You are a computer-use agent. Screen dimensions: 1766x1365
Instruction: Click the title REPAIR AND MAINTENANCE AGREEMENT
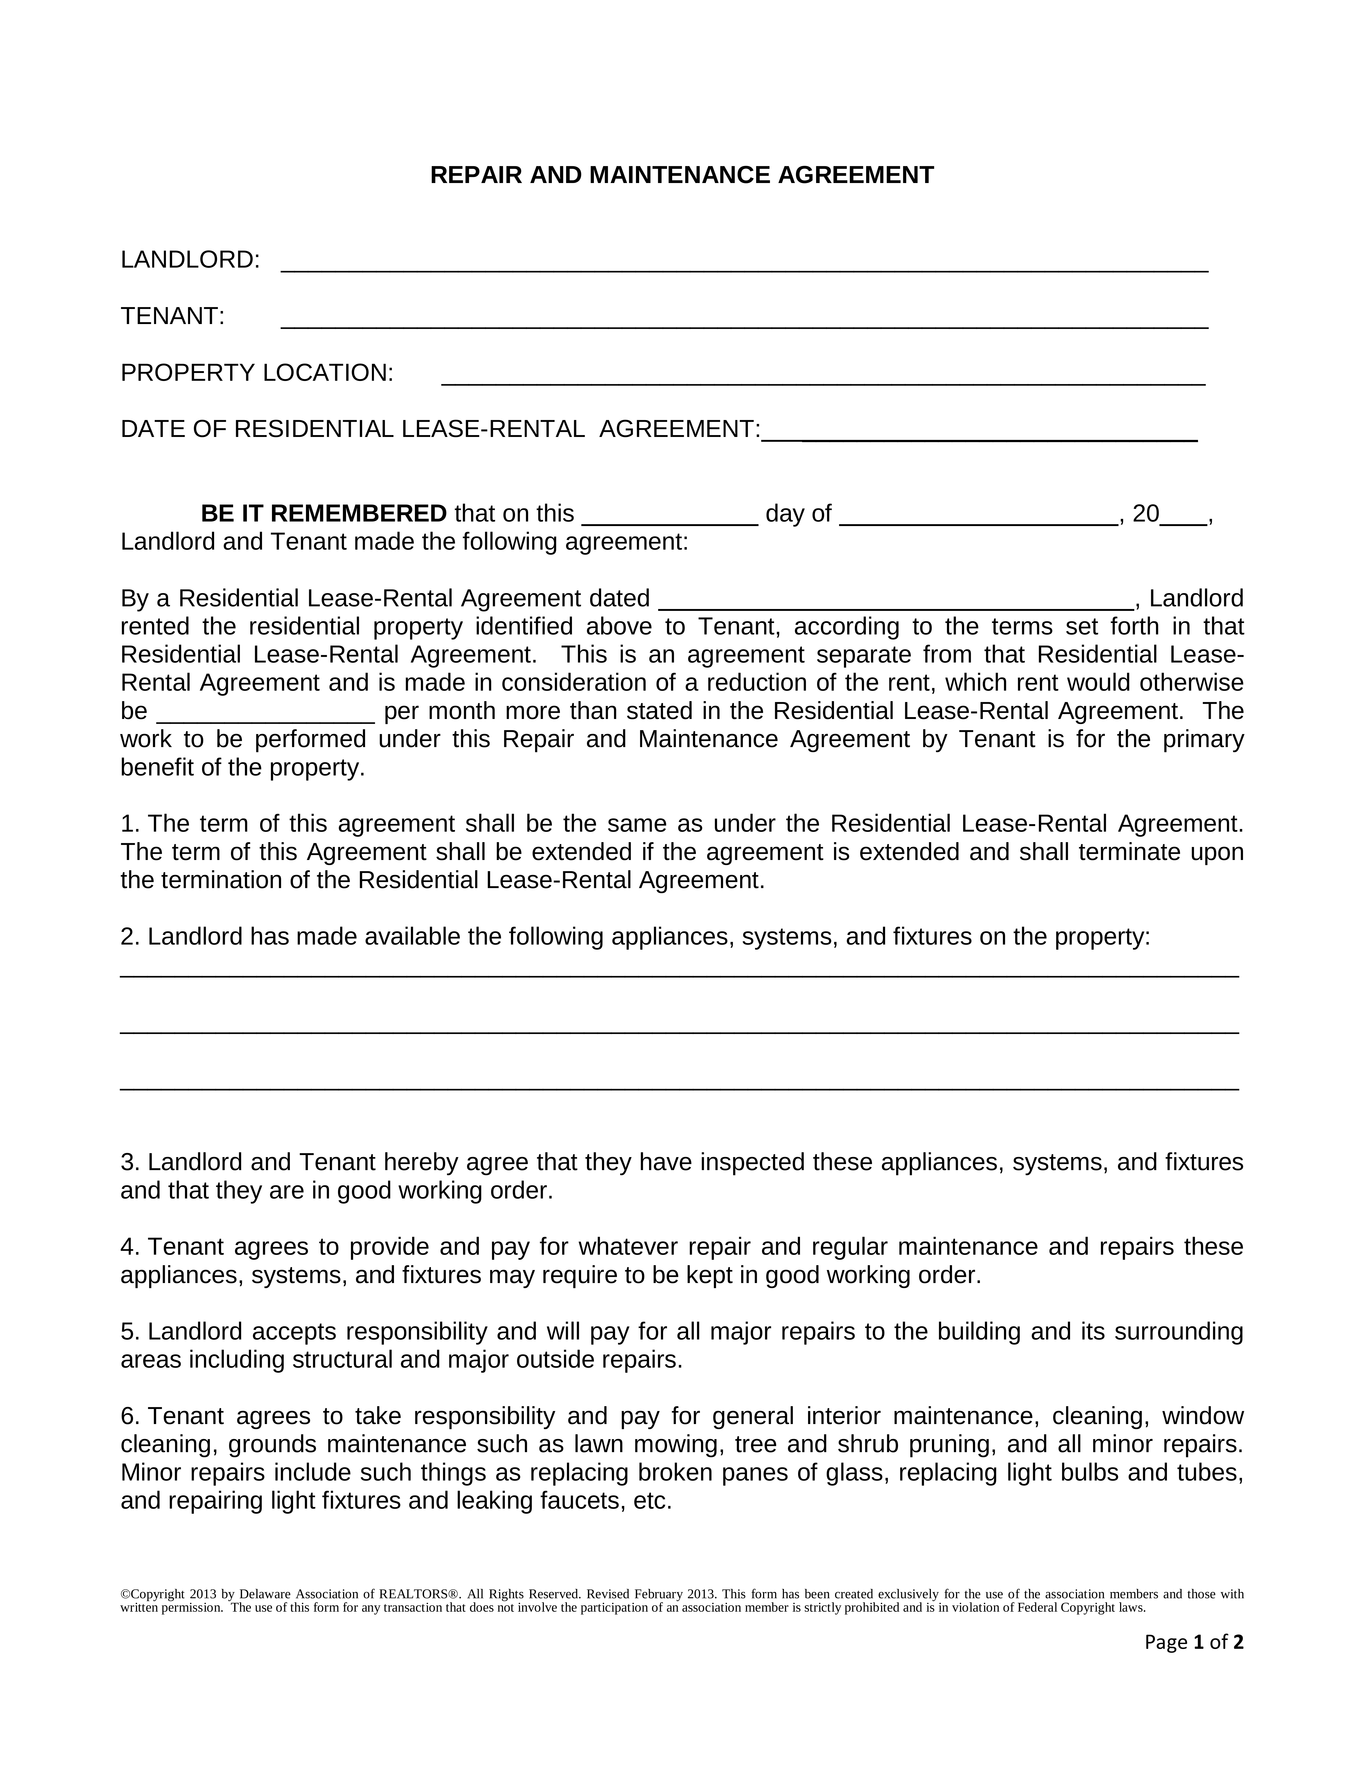pyautogui.click(x=682, y=176)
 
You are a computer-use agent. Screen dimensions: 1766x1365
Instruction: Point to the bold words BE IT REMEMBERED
pyautogui.click(x=324, y=513)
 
